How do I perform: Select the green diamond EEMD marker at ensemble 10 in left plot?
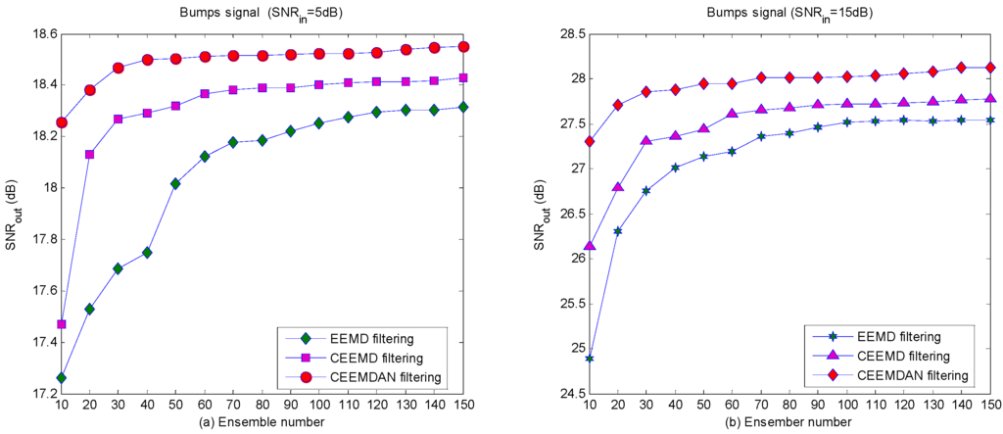point(62,378)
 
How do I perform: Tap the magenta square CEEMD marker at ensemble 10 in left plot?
point(62,324)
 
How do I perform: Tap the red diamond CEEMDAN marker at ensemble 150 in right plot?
point(990,68)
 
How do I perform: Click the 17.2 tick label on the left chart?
point(39,394)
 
